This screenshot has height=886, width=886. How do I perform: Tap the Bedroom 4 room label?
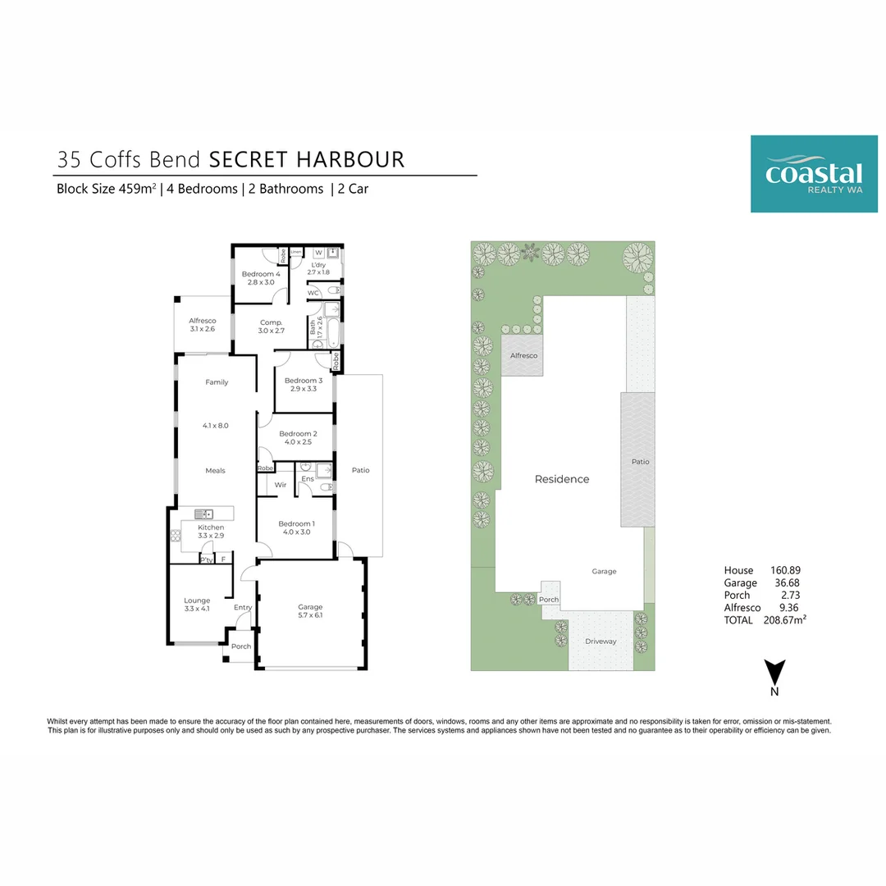click(x=261, y=275)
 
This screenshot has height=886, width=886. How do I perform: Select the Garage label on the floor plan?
click(x=309, y=607)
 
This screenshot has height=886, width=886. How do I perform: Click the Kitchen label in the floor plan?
click(x=211, y=527)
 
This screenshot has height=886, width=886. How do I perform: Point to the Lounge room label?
click(x=197, y=601)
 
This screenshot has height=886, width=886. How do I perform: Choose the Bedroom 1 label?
click(x=295, y=523)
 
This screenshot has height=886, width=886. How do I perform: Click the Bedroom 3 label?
click(x=304, y=381)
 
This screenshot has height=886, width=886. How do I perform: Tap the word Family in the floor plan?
click(x=217, y=382)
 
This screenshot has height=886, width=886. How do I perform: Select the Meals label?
click(x=215, y=471)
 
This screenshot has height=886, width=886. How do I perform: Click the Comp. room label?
click(x=271, y=322)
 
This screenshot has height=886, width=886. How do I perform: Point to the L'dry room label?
click(x=317, y=265)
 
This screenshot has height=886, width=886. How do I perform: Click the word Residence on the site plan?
click(x=562, y=479)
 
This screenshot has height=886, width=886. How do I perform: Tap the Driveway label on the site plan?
click(x=601, y=642)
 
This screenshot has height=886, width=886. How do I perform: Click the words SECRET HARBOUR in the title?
click(x=307, y=159)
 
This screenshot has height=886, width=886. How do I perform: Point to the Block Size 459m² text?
click(x=107, y=189)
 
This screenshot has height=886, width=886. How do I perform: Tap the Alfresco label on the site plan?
click(x=523, y=355)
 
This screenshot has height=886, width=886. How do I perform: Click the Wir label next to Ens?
click(x=280, y=485)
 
